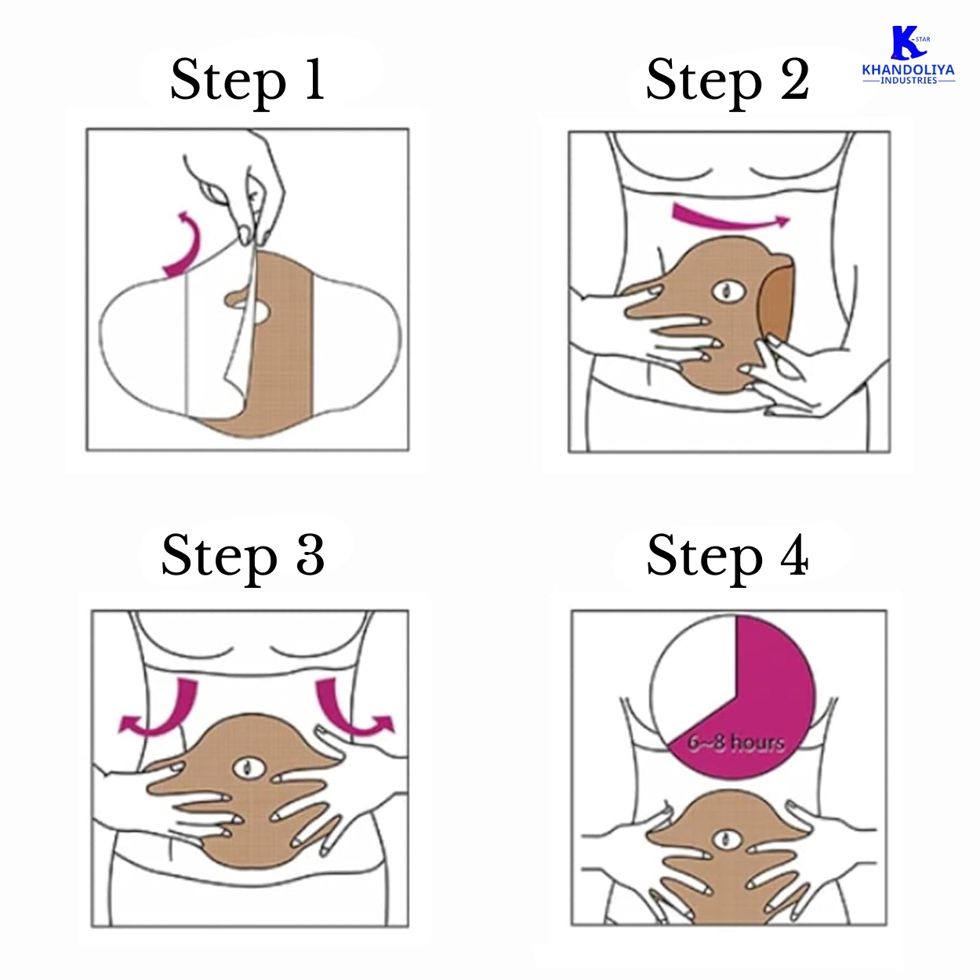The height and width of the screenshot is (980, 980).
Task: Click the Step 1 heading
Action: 248,81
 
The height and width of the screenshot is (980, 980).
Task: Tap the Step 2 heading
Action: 728,81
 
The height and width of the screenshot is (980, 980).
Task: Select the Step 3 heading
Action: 242,557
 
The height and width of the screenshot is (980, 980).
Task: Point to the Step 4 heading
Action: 728,557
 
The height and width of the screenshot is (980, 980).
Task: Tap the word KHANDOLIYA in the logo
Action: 909,71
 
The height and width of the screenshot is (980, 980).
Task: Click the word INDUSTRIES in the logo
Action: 909,80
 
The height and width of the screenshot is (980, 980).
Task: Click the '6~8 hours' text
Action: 736,742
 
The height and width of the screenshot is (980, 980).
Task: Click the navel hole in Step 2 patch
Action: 729,292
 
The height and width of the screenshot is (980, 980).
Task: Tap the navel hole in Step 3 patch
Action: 249,768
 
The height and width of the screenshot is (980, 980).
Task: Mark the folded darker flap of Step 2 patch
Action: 776,301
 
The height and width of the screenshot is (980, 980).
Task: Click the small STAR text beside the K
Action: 923,39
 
